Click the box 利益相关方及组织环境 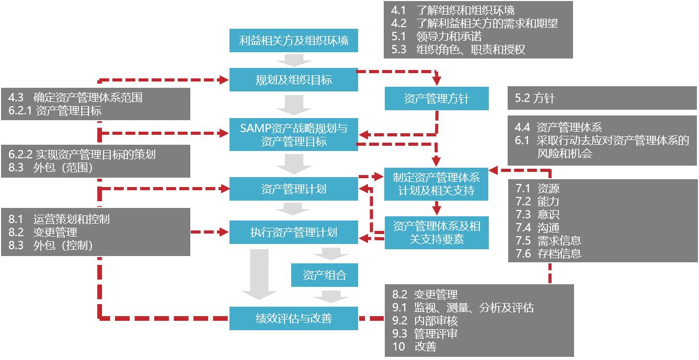tap(294, 40)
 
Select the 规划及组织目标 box tap(294, 80)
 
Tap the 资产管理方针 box tap(437, 99)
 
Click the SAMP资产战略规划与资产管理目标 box tap(294, 134)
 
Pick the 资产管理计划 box tap(294, 189)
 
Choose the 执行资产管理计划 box tap(294, 232)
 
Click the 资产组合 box tap(325, 275)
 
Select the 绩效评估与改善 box tap(294, 318)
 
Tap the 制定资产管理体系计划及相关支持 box tap(437, 184)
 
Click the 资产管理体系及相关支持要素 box tap(437, 233)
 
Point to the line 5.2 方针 tap(535, 99)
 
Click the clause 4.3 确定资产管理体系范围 tap(76, 97)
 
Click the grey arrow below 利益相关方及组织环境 tap(294, 60)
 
